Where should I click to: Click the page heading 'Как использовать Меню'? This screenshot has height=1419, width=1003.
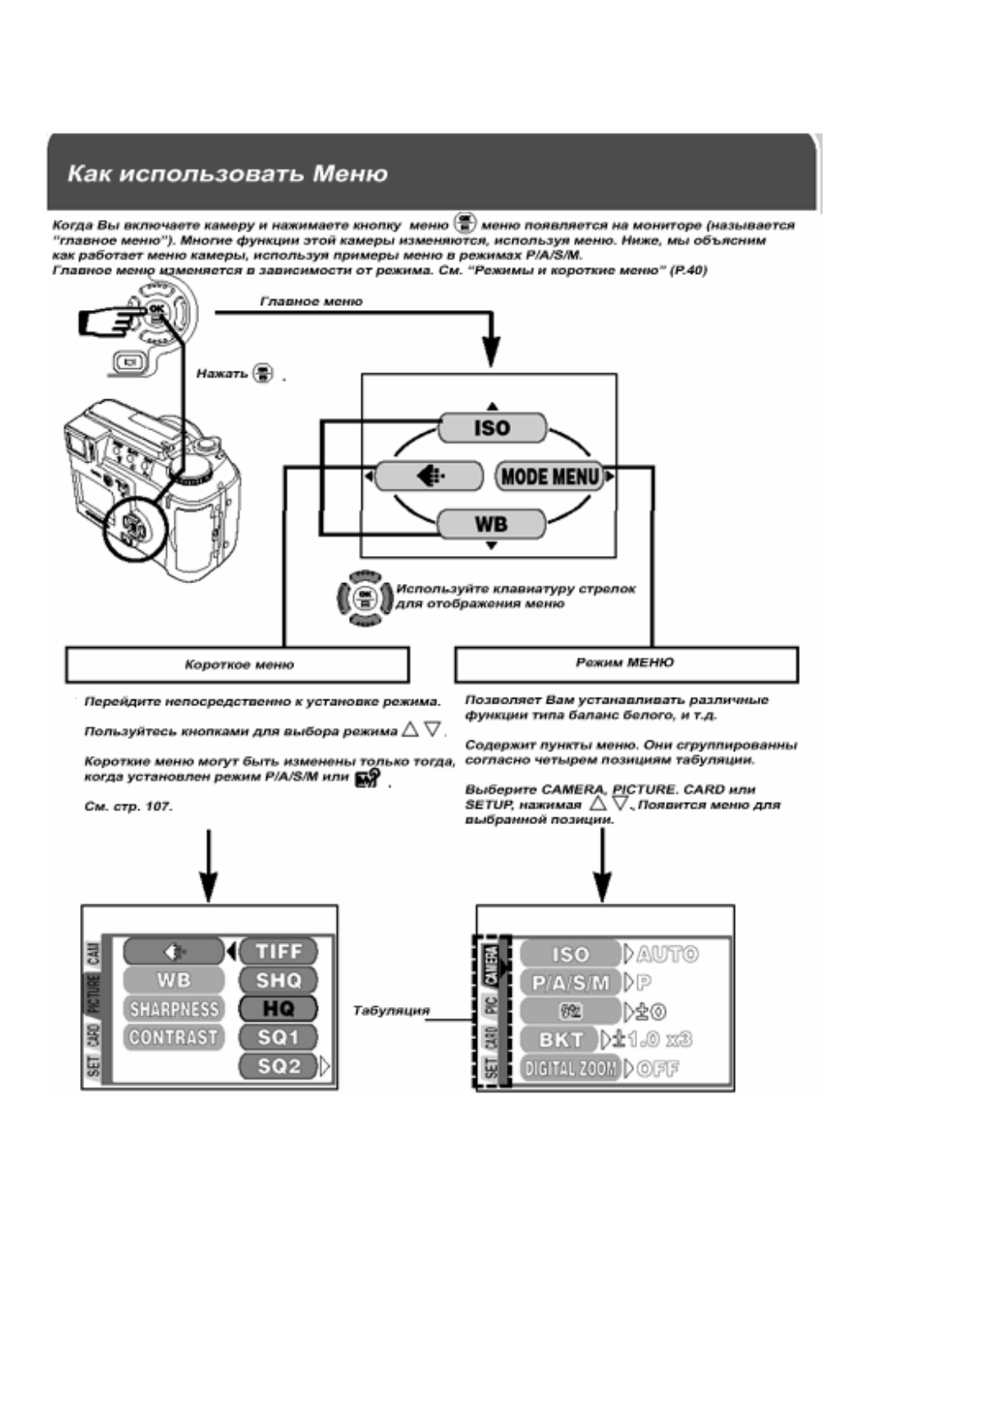tap(228, 174)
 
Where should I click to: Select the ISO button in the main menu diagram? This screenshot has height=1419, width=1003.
tap(492, 427)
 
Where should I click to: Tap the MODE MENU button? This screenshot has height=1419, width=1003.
tap(550, 477)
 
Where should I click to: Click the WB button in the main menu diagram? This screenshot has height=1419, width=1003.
tap(491, 524)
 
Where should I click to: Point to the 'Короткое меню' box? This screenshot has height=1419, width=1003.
tap(238, 665)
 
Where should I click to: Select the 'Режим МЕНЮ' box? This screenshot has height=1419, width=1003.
tap(625, 664)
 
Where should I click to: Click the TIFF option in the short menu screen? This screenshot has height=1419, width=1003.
tap(278, 951)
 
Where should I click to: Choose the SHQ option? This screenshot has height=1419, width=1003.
tap(278, 980)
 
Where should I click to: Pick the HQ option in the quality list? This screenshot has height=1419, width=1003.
tap(278, 1009)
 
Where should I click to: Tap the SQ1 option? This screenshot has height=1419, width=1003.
tap(278, 1037)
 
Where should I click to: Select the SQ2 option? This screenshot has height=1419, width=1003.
tap(278, 1066)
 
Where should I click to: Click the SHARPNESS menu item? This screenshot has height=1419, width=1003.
tap(174, 1009)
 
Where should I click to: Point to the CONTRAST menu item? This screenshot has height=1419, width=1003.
tap(174, 1037)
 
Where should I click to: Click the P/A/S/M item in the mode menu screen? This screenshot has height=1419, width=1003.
tap(571, 983)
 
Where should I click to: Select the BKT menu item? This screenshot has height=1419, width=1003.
tap(560, 1040)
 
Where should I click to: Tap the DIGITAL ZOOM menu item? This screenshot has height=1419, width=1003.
tap(570, 1068)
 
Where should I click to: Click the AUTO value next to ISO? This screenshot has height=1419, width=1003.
tap(668, 954)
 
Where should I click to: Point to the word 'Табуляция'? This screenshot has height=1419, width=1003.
tap(391, 1010)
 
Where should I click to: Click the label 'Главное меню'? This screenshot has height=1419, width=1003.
tap(311, 301)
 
